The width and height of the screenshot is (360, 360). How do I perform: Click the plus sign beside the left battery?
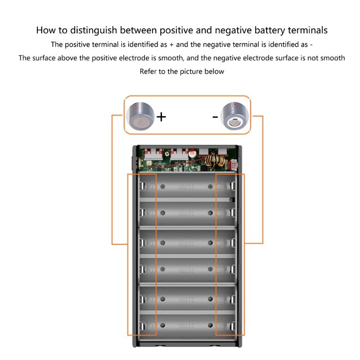(x=161, y=117)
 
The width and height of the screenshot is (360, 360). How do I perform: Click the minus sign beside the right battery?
(x=215, y=117)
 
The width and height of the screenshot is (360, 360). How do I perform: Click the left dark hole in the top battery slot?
(x=162, y=186)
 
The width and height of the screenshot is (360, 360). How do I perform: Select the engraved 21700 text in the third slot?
(x=186, y=243)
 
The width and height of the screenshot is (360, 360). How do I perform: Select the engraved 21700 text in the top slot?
(x=186, y=186)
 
